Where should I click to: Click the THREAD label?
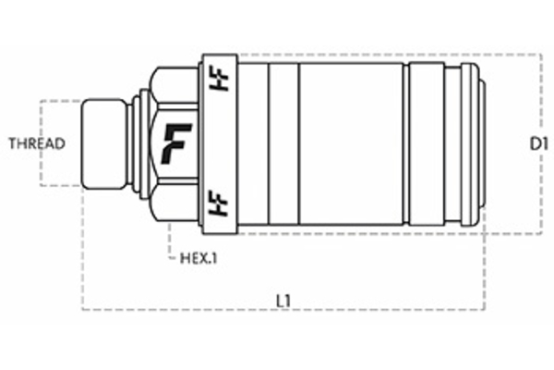point(37,143)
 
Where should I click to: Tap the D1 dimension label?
point(540,143)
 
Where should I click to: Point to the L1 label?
point(284,301)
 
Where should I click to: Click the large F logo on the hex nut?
point(175,143)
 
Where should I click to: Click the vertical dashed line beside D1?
point(541,102)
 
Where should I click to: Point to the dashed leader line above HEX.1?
point(169,242)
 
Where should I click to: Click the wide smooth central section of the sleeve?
point(351,143)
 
